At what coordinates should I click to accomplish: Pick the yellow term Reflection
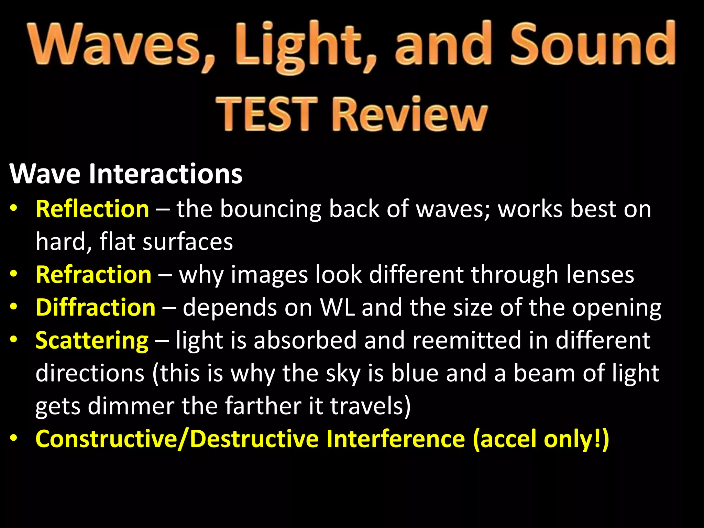click(x=92, y=209)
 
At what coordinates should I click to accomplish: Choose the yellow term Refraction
click(x=93, y=275)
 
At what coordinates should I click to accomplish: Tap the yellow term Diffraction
click(x=96, y=307)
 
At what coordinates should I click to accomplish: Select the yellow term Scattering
click(x=92, y=340)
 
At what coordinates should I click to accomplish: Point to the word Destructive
click(x=254, y=439)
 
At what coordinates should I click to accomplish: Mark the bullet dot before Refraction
click(x=13, y=274)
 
